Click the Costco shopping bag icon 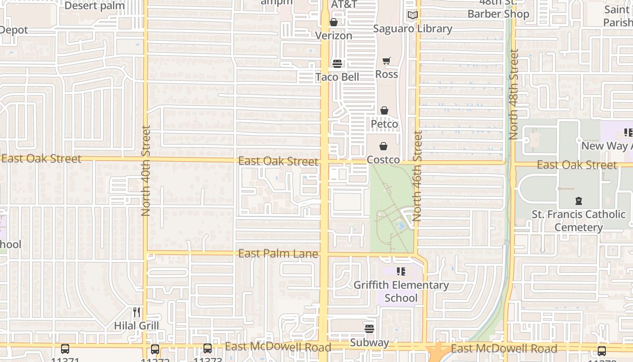click(383, 146)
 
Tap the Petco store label click(384, 124)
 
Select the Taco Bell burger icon click(337, 63)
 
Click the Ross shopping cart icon click(387, 61)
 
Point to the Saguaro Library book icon click(412, 15)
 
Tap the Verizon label click(333, 35)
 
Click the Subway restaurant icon click(369, 329)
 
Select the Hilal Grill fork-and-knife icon click(137, 312)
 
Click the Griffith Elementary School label click(401, 291)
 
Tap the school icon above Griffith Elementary click(401, 271)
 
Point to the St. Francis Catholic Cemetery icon click(578, 200)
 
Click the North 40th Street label click(146, 171)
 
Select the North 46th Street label click(417, 176)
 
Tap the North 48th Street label click(513, 94)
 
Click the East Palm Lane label click(278, 253)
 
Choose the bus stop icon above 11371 click(65, 349)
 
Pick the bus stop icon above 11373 click(207, 349)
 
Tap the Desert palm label click(94, 5)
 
